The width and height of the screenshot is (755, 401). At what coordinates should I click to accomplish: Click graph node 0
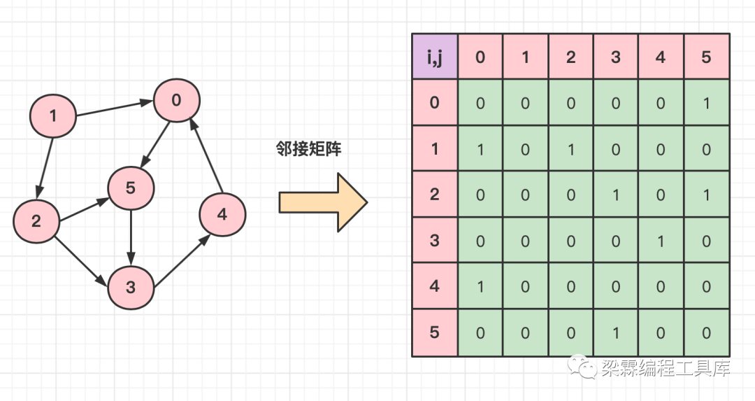(177, 100)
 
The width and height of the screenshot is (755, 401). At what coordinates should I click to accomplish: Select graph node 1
(53, 115)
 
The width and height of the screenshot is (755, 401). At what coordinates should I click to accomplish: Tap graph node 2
(36, 221)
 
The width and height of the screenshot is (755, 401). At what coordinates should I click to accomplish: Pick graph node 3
(130, 287)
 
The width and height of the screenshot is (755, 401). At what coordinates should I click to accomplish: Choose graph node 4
(222, 214)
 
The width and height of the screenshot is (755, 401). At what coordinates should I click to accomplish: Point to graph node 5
(131, 188)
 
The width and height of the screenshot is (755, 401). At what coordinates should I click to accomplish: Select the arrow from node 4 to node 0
(207, 157)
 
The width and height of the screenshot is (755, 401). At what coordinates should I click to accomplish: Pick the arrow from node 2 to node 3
(80, 259)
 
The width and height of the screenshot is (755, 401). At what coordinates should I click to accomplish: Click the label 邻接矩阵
(308, 148)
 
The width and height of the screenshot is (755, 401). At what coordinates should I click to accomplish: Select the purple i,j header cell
(434, 57)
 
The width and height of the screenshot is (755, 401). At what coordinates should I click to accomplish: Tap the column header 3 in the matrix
(616, 57)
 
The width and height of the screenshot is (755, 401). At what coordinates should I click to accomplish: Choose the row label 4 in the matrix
(434, 286)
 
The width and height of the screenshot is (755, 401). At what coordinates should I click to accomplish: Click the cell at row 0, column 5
(706, 103)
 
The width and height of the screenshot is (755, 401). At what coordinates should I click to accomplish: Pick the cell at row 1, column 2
(570, 149)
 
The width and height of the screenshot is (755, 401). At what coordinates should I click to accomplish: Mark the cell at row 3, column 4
(661, 241)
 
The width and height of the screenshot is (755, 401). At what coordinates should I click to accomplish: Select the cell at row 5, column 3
(616, 332)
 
